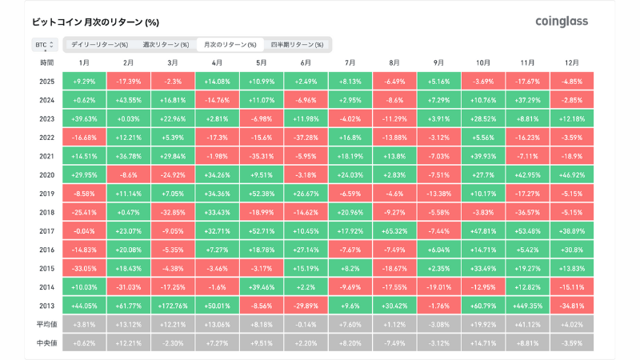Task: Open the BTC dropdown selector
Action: click(44, 45)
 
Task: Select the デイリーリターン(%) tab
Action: click(99, 45)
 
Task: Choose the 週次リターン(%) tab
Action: click(166, 45)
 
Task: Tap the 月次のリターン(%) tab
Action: click(230, 45)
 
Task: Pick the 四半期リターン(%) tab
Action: click(297, 45)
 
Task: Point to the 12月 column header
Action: click(571, 62)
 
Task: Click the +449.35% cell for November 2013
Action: click(526, 305)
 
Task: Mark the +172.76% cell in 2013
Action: click(173, 305)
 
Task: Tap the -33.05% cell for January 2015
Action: click(84, 267)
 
